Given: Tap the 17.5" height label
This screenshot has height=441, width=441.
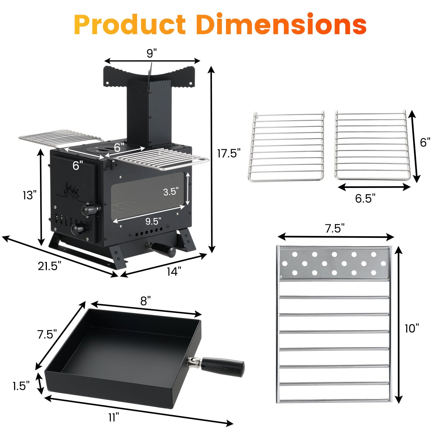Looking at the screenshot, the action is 229,153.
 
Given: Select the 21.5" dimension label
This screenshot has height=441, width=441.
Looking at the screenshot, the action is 50,266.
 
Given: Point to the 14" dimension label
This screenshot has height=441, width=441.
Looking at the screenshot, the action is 174,271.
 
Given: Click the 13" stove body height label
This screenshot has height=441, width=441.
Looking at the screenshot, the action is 29,195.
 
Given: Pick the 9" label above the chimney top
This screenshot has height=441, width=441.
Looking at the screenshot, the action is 151,53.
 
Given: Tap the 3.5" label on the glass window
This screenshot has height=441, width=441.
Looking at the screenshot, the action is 171,191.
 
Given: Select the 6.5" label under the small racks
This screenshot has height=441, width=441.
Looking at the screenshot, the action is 365,198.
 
